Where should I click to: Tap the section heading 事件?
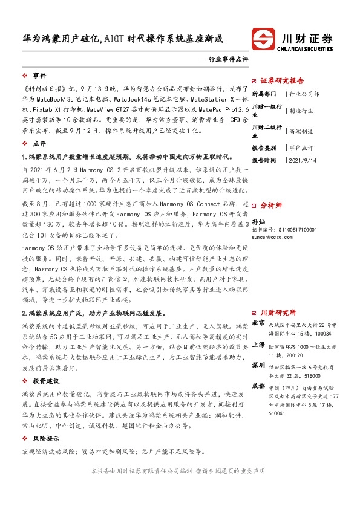tap(40, 76)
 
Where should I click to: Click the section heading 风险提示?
tap(46, 438)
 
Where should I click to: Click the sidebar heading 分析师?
tap(279, 206)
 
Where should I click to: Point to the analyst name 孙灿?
tap(258, 222)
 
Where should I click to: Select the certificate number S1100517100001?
tap(293, 230)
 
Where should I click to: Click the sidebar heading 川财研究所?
tap(278, 313)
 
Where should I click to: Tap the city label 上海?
tap(258, 344)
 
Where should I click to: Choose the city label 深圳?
tap(258, 365)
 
